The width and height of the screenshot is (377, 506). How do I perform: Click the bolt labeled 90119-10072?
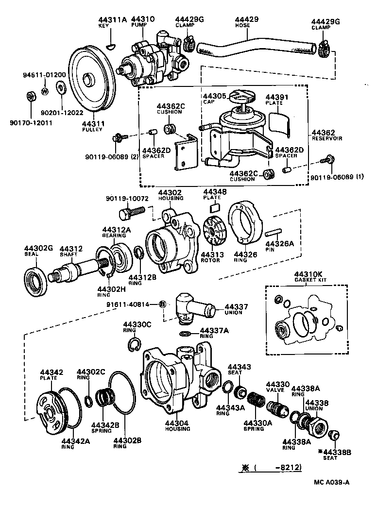pos(130,213)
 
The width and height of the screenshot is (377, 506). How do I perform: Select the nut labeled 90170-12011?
pos(30,97)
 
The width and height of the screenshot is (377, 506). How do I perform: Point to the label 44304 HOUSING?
pos(177,425)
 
